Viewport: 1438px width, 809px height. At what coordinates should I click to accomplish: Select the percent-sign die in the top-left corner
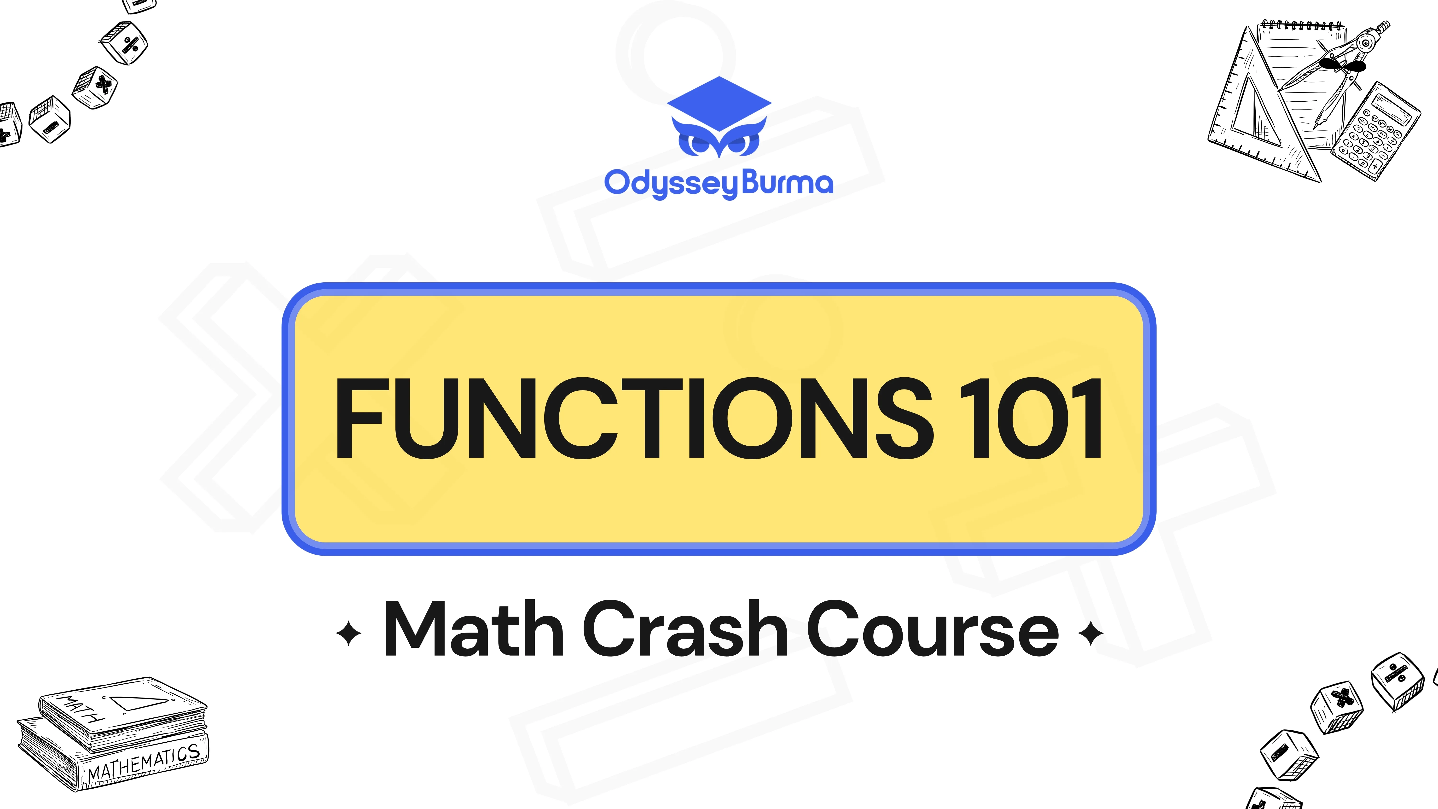[124, 43]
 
